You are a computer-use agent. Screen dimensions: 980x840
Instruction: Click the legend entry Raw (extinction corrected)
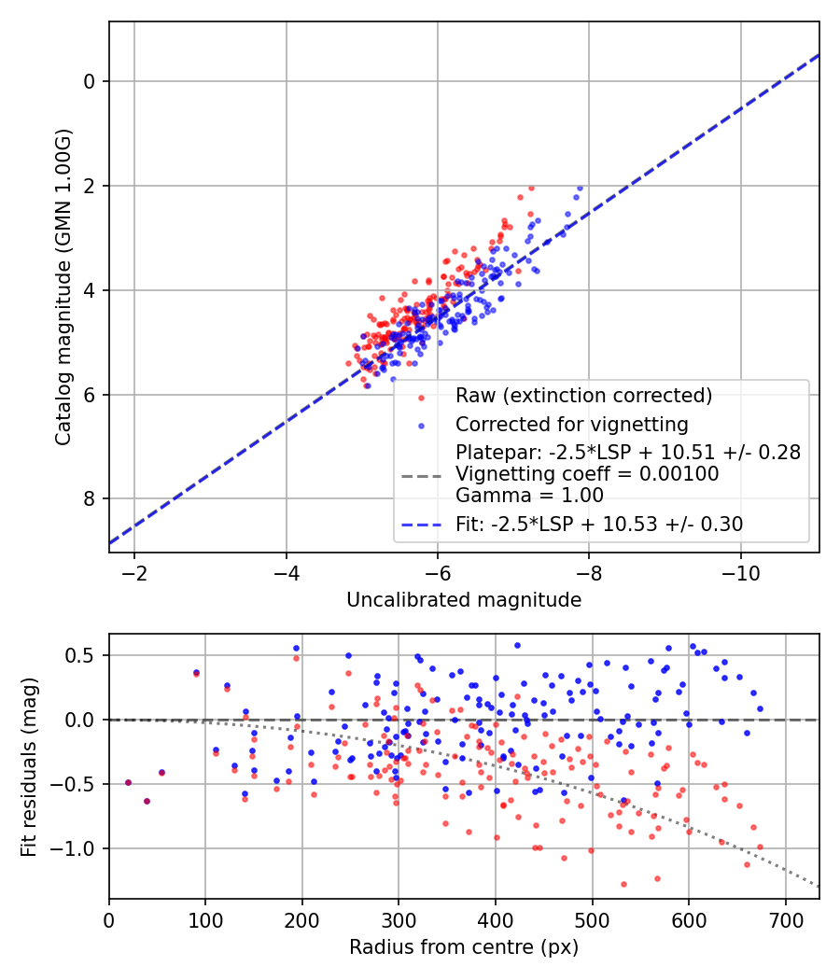583,396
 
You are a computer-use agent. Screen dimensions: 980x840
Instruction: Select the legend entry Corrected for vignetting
571,425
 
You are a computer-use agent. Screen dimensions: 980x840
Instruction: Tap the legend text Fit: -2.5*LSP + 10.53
599,525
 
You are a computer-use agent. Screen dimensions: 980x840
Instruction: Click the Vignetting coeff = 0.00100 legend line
587,474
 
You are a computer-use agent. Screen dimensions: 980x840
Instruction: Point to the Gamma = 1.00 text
529,496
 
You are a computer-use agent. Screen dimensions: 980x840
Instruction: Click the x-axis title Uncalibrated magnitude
464,600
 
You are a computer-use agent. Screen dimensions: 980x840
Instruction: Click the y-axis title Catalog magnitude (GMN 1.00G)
63,287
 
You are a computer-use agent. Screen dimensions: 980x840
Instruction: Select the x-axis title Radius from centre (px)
464,947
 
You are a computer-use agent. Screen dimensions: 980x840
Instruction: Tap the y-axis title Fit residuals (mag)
29,766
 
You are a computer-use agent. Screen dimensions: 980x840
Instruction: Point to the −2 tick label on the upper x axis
134,571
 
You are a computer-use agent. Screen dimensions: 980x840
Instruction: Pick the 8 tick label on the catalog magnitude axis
90,499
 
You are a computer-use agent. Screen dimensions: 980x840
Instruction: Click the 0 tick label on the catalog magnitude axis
90,82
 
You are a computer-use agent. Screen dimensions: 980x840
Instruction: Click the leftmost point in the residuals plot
128,782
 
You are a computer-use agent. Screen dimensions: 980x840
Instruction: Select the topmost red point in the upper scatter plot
531,188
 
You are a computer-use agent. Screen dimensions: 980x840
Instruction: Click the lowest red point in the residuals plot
623,884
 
